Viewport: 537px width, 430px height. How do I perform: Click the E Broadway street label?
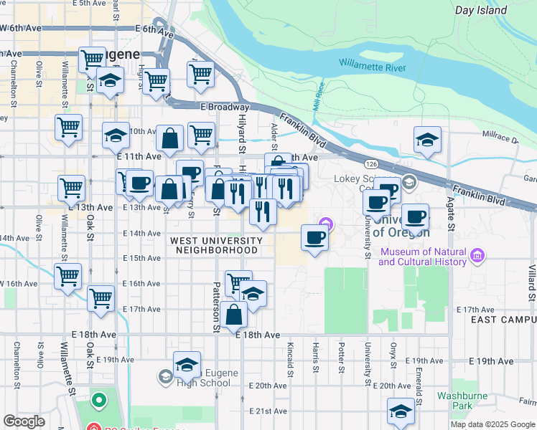tap(225, 107)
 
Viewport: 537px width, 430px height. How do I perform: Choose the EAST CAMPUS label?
tap(503, 320)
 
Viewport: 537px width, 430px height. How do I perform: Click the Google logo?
tap(24, 421)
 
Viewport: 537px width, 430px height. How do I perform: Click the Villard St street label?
tap(532, 284)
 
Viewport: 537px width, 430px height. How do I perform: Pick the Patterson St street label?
tap(215, 307)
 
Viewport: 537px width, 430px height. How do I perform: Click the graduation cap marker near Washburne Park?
tap(401, 411)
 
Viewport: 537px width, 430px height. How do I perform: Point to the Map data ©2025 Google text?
tap(492, 424)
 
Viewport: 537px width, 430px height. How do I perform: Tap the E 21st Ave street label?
tap(268, 411)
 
